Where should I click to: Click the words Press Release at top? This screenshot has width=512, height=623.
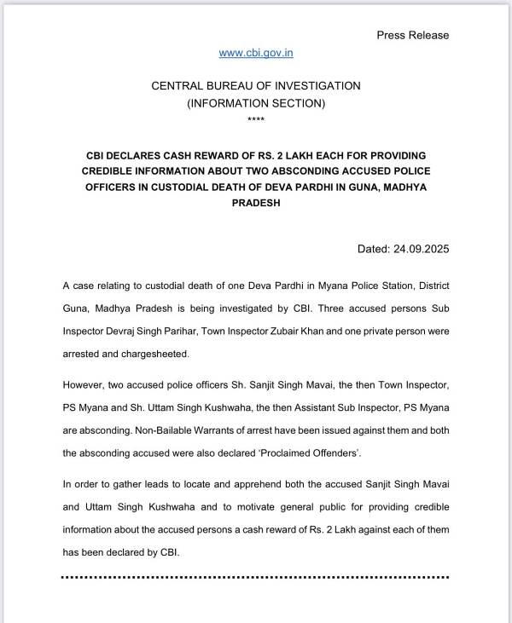click(x=412, y=35)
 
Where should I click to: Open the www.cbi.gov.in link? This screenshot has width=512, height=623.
click(x=256, y=53)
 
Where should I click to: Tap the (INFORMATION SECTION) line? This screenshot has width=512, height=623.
click(x=256, y=103)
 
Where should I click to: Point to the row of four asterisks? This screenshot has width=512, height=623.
click(x=256, y=118)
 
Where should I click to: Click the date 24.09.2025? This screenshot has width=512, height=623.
click(x=421, y=250)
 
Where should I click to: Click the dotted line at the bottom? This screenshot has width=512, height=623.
click(x=256, y=577)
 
